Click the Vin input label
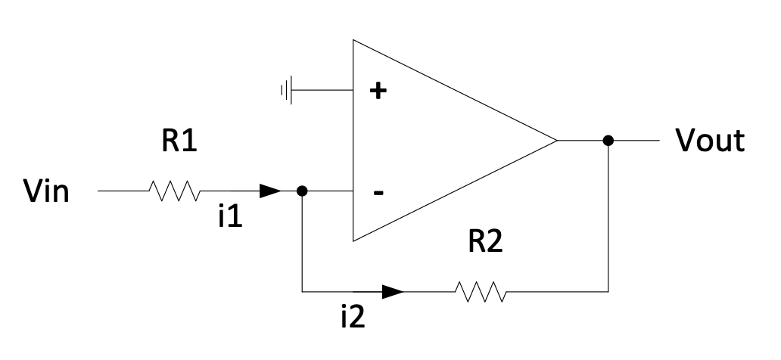pos(47,192)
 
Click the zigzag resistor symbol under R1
pos(175,192)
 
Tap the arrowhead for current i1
pos(270,192)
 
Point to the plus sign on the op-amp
pos(377,92)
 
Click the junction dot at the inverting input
pos(302,192)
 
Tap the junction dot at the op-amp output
pos(608,141)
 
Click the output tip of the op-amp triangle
pos(555,141)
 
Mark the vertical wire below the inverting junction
pos(302,242)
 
